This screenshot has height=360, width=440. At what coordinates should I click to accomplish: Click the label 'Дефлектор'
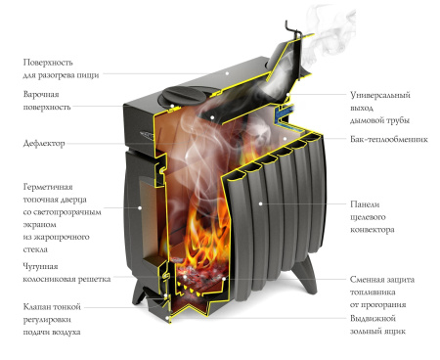point(44,143)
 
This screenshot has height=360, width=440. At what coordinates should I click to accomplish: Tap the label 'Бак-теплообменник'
point(389,139)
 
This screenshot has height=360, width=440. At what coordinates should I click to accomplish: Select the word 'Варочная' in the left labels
point(41,94)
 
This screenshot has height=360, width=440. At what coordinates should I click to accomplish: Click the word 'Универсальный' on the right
point(380,95)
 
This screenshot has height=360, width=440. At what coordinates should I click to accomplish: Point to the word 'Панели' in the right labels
point(365,204)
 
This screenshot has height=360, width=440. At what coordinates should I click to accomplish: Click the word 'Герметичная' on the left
point(48,187)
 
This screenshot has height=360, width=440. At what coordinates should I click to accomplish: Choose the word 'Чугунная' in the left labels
point(40,267)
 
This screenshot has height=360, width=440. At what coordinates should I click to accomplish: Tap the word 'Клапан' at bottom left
point(36,307)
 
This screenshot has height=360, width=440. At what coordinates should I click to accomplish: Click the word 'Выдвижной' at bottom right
point(373,318)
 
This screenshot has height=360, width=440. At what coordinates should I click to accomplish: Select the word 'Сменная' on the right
point(366,280)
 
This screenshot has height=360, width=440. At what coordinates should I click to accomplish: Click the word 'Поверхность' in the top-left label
point(48,63)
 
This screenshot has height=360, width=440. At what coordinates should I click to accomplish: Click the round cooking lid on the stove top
point(186,94)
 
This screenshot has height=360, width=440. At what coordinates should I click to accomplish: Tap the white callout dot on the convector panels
point(260,203)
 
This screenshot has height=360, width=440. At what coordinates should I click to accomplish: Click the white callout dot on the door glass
point(140,207)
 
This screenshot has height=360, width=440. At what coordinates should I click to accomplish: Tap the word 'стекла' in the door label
point(35,249)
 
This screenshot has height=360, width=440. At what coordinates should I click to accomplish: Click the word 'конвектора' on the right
point(373,230)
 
